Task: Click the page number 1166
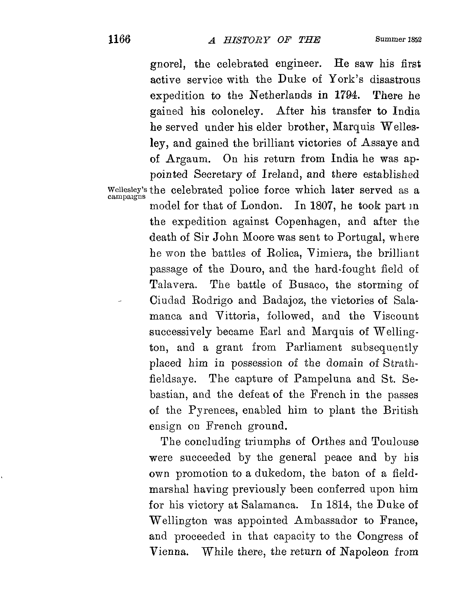click(x=119, y=40)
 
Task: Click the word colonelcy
click(x=236, y=111)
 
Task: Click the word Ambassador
click(x=326, y=521)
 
